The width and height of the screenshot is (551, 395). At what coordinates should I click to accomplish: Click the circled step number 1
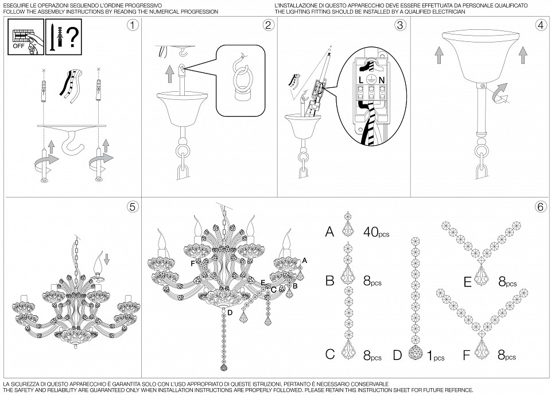tap(133, 25)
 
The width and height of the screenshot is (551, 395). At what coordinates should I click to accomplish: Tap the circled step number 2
tap(269, 25)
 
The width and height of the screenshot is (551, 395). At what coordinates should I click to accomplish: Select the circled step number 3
tap(400, 25)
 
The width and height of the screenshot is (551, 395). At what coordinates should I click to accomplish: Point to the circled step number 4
tap(541, 25)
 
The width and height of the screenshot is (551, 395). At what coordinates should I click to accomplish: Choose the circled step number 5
tap(133, 207)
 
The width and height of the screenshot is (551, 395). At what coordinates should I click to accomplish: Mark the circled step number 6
tap(541, 207)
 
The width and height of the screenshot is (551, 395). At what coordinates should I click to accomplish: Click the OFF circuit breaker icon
tap(26, 37)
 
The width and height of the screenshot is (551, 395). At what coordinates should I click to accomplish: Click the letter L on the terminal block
tap(360, 80)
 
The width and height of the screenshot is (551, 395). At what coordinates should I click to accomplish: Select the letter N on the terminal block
tap(382, 80)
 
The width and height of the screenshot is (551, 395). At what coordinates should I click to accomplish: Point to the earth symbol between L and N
tap(371, 79)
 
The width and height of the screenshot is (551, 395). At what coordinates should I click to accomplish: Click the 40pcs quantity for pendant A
tap(376, 232)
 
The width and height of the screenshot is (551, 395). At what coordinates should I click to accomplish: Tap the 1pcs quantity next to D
tap(436, 356)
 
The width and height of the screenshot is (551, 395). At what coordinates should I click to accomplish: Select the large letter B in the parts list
tap(329, 281)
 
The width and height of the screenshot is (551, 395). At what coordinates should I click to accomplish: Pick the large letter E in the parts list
tap(467, 282)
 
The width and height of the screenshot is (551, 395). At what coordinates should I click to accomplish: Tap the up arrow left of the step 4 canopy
tap(439, 56)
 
